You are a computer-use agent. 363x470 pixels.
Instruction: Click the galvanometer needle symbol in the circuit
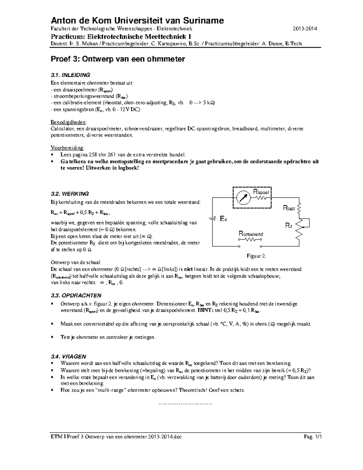pos(243,198)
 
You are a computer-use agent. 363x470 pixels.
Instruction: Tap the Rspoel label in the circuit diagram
pos(261,192)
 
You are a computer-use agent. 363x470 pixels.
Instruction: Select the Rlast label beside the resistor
pos(289,208)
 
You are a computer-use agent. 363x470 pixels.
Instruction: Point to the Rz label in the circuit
pos(289,225)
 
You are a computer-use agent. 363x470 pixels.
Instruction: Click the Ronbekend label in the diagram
pos(251,234)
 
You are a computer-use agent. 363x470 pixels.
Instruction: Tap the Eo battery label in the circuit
pos(223,219)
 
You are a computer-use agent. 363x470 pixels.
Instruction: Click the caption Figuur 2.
pos(256,256)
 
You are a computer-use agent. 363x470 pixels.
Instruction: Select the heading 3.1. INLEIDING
pos(70,75)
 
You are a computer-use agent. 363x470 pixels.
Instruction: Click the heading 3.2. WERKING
pos(70,194)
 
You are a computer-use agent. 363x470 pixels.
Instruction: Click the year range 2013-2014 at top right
pos(305,29)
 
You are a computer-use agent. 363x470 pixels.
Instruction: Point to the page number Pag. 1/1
pos(309,437)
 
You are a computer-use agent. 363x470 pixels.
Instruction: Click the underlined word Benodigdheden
pos(68,122)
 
